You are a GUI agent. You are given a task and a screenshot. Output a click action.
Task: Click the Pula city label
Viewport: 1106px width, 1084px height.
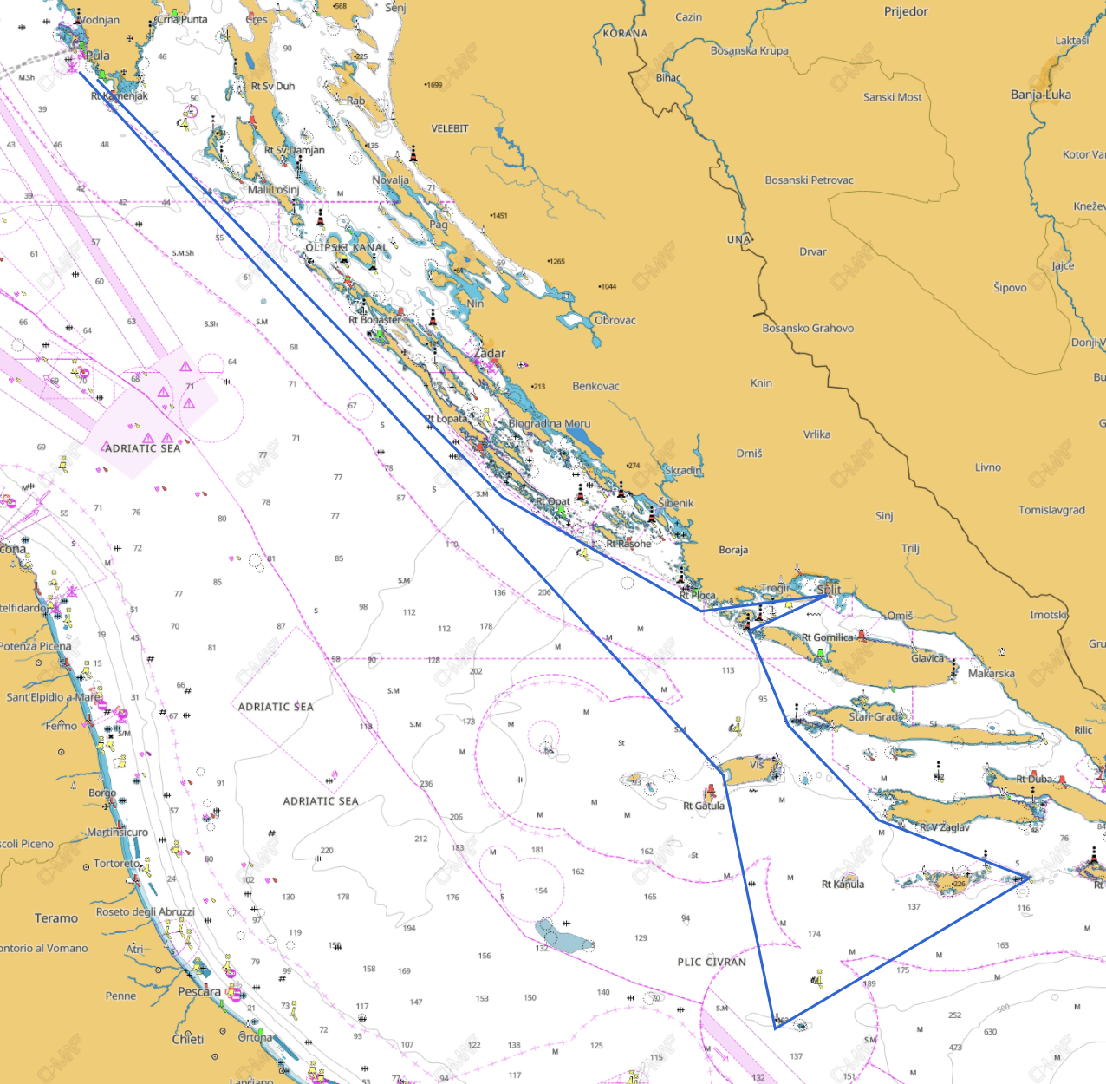pos(98,56)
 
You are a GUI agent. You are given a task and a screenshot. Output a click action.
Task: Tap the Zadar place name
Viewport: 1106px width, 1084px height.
pos(490,353)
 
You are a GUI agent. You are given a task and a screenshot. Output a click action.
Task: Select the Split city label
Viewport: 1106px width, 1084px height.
pos(829,590)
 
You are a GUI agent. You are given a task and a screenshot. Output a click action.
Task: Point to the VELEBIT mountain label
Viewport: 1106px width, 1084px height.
pos(449,128)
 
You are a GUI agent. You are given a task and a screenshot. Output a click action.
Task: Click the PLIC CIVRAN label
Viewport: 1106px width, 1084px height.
pos(711,962)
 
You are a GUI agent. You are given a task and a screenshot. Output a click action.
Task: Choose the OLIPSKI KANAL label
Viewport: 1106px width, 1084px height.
pos(347,247)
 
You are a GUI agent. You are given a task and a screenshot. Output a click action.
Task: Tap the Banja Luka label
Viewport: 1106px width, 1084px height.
pos(1040,95)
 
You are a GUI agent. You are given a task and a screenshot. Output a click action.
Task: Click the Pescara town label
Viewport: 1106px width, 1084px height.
pos(199,991)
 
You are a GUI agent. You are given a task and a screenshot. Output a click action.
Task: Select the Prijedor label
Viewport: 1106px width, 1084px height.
pos(906,11)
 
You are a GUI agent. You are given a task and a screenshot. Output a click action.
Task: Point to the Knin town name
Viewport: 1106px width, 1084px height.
pos(761,382)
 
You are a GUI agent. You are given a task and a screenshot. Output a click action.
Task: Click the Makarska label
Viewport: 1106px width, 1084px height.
pos(991,673)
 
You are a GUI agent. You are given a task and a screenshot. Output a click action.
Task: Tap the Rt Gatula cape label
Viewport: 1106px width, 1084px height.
pos(703,806)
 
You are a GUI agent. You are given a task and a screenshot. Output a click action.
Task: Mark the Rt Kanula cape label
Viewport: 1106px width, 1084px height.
pos(843,885)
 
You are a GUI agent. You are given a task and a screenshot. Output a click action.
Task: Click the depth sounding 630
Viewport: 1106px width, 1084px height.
pos(990,1032)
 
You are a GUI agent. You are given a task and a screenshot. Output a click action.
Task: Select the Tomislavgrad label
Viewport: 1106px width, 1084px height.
pos(1051,510)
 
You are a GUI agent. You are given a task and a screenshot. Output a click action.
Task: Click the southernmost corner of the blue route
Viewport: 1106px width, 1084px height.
pos(775,1028)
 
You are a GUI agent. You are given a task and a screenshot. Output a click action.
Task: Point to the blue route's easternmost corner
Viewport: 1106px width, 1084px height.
pos(1028,878)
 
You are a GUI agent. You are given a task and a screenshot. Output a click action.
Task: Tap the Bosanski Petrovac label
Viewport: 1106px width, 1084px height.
pos(809,180)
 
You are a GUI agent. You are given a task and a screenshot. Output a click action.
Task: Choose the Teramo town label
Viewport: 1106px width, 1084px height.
pos(56,917)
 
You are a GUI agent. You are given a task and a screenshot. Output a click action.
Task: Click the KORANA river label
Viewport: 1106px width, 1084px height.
pos(625,34)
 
